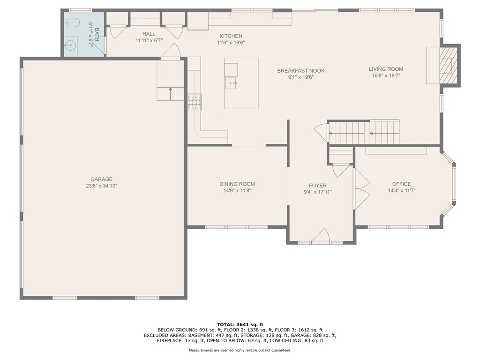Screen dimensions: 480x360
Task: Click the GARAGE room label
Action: pos(101,180)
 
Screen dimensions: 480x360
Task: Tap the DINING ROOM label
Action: pos(237,184)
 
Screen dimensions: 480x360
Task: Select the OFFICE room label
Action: pos(402,184)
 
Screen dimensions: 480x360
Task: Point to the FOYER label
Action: pos(317,186)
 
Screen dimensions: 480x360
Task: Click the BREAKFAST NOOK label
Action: pos(301,71)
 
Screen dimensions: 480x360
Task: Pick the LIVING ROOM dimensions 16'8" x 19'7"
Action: pos(386,75)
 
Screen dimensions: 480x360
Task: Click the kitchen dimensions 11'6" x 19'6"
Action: pos(231,43)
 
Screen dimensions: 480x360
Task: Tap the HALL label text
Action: pos(149,34)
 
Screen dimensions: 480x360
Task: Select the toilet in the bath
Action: pos(72,22)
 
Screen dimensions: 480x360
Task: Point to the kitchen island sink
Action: pos(231,83)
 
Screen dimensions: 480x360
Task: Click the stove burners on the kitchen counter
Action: pos(195,102)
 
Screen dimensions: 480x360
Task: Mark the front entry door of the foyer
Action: pos(321,235)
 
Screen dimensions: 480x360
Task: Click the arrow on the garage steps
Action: pos(170,94)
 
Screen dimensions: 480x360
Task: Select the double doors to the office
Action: pos(361,189)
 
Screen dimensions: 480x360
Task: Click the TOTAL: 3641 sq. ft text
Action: pos(240,325)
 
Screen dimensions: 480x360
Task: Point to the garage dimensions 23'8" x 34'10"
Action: pos(101,186)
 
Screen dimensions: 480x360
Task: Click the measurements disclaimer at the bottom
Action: pos(240,350)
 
